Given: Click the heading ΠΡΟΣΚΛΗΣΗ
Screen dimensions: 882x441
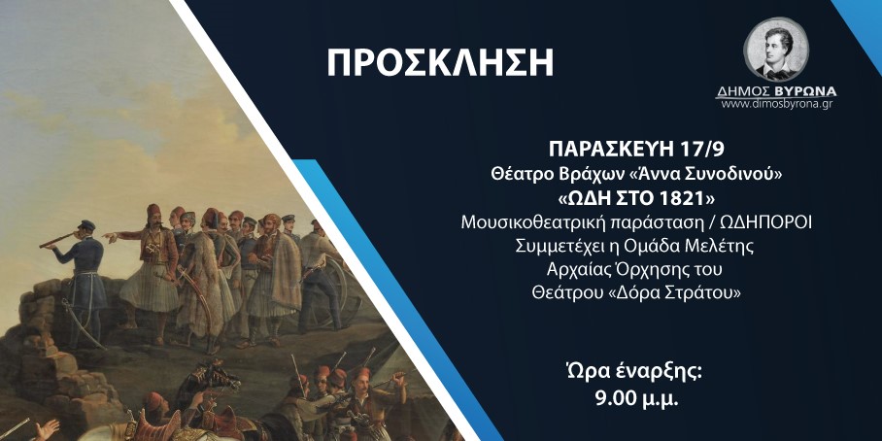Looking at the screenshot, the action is (440, 63).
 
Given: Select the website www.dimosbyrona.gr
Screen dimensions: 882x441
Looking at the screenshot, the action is (777, 104).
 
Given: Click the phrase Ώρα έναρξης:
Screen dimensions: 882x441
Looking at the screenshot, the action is (636, 374).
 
